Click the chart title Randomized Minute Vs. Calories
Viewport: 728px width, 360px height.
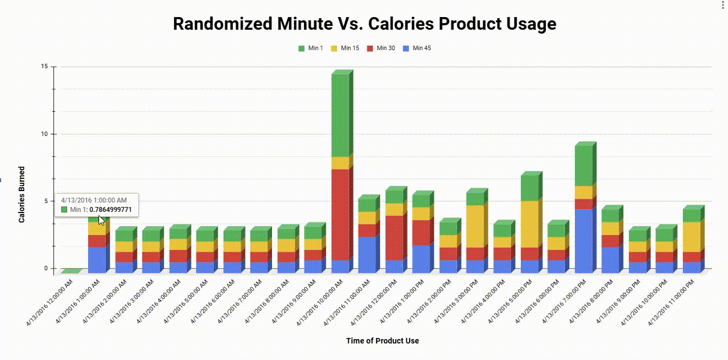point(364,24)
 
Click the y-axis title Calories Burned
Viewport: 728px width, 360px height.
point(22,194)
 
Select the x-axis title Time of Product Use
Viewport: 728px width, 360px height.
point(382,341)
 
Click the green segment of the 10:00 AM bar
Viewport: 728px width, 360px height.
point(340,116)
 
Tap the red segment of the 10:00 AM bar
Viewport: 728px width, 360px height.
point(340,215)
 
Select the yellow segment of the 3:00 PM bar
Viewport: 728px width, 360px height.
point(475,226)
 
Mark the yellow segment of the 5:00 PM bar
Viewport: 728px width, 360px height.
point(529,224)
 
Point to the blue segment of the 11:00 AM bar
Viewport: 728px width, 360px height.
point(367,254)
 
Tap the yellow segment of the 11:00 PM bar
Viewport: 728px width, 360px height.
point(691,237)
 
